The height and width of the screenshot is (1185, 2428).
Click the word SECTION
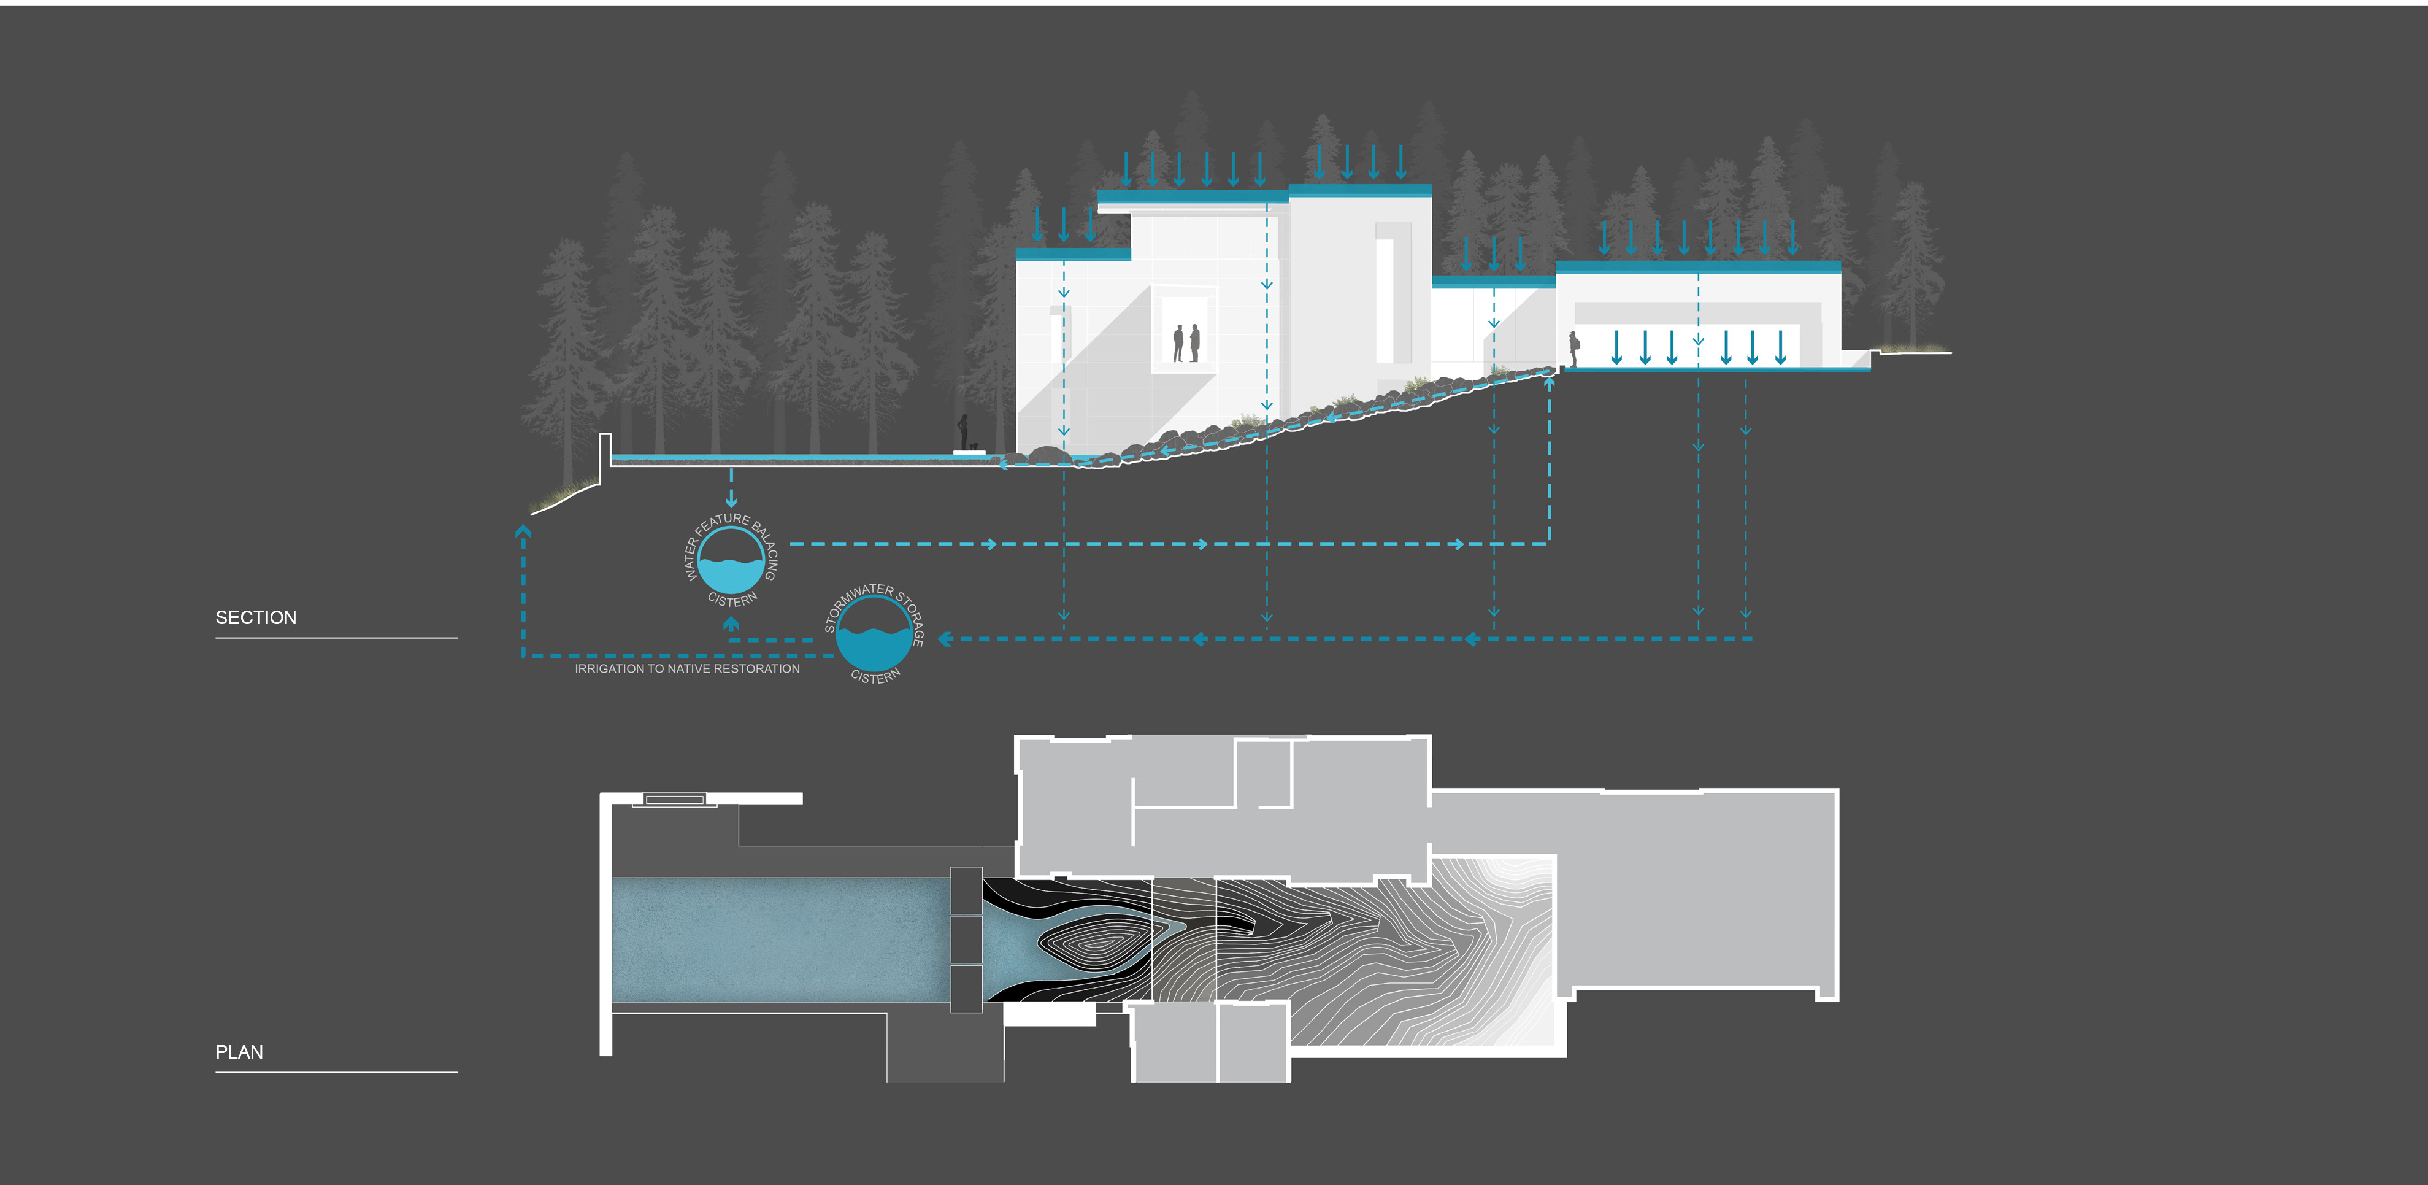coord(255,617)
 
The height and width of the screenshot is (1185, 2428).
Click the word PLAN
coord(239,1052)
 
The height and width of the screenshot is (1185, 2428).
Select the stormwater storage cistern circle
coord(874,633)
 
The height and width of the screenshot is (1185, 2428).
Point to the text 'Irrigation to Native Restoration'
coord(687,668)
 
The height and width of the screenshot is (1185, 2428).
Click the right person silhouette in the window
coord(1195,342)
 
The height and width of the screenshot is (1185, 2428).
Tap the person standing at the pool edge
coord(962,433)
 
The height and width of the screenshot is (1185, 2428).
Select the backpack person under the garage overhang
coord(1573,348)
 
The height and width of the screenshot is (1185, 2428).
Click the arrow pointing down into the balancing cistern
coord(731,500)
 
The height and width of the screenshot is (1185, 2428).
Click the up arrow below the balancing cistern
coord(731,624)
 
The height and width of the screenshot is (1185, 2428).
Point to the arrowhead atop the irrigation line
coord(523,531)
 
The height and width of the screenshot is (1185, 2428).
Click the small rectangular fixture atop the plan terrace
coord(674,800)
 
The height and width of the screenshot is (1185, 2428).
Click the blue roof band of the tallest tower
coord(1359,190)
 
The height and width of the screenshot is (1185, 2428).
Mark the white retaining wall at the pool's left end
coord(605,457)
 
